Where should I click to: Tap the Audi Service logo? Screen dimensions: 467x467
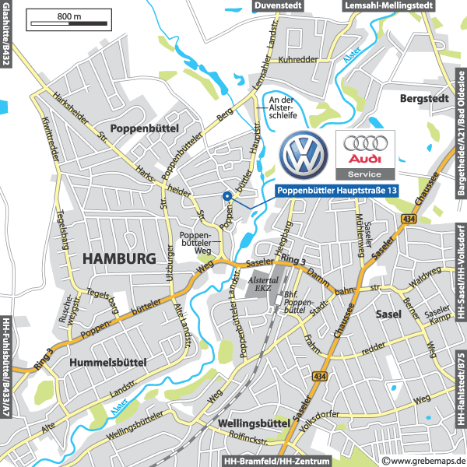coord(364,155)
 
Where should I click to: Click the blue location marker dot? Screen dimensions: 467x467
coord(226,196)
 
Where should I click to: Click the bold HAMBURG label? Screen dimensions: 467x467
coord(119,258)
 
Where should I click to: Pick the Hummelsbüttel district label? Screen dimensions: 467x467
coord(107,363)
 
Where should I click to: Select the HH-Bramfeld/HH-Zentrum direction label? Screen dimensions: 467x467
coord(277,461)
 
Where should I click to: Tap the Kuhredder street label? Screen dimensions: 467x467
coord(300,59)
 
